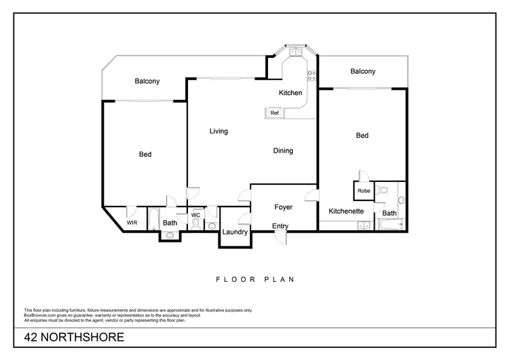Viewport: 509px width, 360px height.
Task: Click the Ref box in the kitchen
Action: coord(275,113)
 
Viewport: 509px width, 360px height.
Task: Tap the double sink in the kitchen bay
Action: coord(297,52)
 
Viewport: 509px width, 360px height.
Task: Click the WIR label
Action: coord(132,222)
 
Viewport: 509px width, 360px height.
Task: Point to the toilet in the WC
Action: coord(195,226)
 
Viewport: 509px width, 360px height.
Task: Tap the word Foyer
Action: coord(283,207)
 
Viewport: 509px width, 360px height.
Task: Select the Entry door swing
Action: coord(281,238)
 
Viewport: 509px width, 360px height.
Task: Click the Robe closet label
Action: coord(364,192)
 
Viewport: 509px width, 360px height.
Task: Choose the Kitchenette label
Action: coord(346,211)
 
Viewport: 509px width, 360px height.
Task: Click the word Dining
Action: coord(283,151)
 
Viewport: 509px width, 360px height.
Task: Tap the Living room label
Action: coord(219,131)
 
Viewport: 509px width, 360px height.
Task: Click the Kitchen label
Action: coord(290,93)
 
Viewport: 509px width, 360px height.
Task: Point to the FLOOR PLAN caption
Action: coord(254,279)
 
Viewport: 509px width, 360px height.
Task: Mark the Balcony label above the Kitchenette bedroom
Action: coord(362,71)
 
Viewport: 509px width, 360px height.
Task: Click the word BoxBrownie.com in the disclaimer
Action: coord(41,315)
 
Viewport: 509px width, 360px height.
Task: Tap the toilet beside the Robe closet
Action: coord(383,191)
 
